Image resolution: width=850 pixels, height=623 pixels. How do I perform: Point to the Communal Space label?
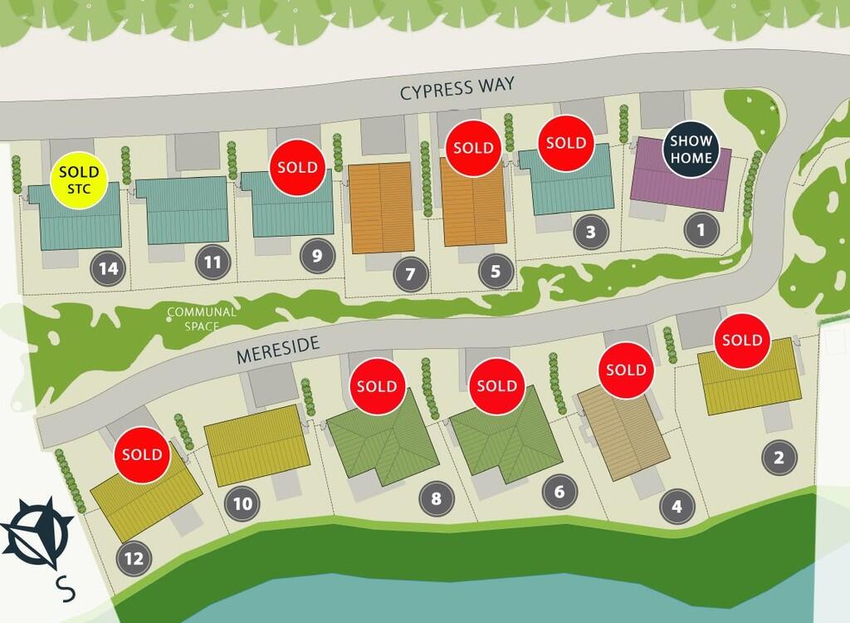[202, 319]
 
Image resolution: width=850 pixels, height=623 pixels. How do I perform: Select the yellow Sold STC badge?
[79, 182]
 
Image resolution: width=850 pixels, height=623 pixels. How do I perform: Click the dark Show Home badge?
[691, 150]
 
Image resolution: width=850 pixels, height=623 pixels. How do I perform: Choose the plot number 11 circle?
[213, 263]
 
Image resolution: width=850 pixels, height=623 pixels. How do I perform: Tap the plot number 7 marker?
[411, 273]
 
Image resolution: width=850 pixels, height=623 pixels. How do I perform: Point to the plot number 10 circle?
[242, 503]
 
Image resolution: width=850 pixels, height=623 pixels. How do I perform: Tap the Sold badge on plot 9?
[297, 167]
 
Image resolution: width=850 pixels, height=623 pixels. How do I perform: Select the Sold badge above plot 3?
[566, 143]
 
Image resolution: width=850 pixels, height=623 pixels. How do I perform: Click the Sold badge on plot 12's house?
[142, 454]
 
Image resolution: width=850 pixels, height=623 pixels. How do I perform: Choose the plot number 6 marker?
[559, 492]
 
